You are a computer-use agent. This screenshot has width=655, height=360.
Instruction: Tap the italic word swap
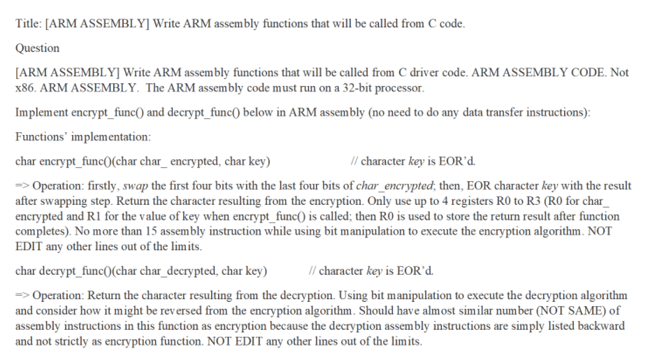136,186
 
